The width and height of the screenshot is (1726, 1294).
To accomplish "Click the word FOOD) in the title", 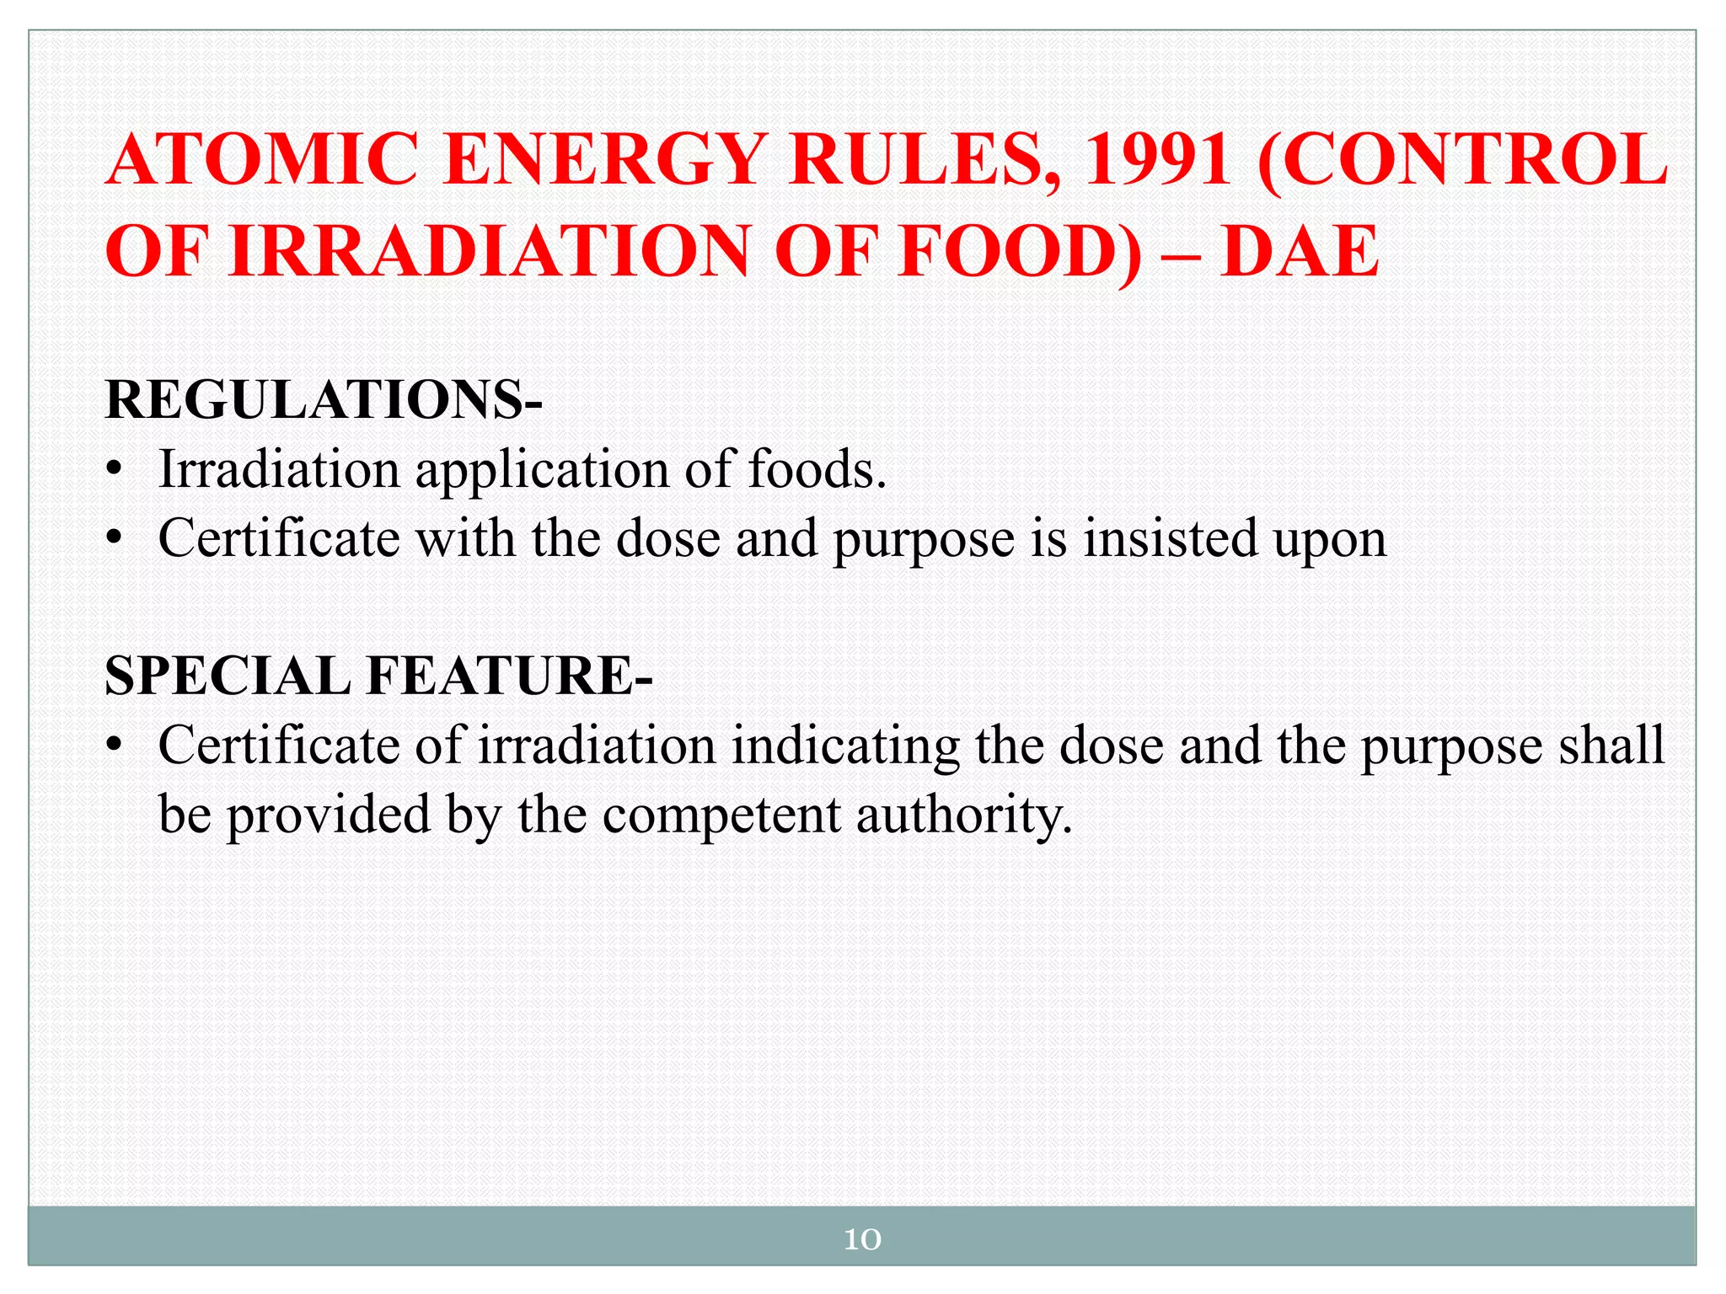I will (x=1019, y=251).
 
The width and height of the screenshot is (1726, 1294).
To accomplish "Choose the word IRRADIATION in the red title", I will (x=489, y=251).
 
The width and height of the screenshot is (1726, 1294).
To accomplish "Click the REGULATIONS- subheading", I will (x=324, y=399).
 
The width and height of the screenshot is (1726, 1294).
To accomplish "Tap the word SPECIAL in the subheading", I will (x=228, y=676).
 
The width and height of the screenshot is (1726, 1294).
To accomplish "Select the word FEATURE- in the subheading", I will (x=509, y=676).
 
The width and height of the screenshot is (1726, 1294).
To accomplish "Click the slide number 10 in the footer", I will (x=862, y=1238).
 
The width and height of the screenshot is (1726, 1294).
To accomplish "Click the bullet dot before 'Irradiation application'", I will (x=115, y=470).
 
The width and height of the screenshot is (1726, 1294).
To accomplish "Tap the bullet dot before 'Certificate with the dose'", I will (x=115, y=539).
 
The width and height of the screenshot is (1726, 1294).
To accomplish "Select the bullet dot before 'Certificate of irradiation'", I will (x=115, y=746).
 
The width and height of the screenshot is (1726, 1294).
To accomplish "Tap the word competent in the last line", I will (x=721, y=815).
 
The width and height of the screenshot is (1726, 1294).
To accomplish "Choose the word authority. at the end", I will (x=964, y=815).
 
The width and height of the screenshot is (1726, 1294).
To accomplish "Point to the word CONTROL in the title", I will (x=1462, y=160).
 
